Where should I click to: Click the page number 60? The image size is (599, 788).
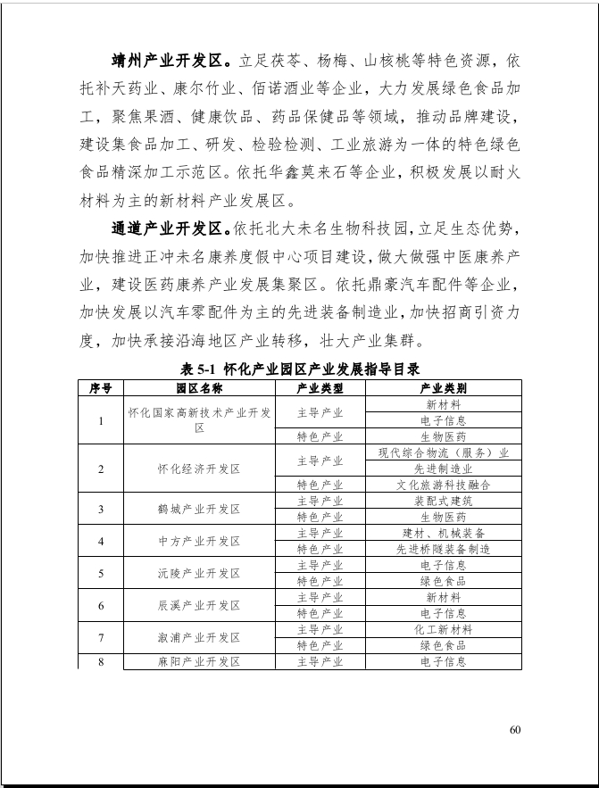click(515, 729)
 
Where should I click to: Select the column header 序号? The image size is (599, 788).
click(101, 388)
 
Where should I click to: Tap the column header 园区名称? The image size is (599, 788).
click(199, 388)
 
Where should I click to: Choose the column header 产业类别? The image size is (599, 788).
click(443, 388)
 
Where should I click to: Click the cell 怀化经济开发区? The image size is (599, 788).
click(199, 469)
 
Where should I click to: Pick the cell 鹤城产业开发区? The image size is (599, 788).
click(199, 509)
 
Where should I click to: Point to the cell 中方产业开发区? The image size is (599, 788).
click(199, 541)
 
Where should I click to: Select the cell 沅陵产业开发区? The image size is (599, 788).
click(199, 573)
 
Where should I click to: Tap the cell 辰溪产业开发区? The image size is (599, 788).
click(199, 605)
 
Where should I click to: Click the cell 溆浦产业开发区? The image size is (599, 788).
click(199, 637)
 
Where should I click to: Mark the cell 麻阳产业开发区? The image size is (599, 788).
click(199, 661)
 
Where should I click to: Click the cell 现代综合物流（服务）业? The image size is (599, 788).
click(443, 452)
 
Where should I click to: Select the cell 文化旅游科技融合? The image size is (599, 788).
click(443, 485)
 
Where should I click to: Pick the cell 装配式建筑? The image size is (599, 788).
click(443, 501)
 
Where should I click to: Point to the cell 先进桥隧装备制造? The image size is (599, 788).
click(443, 549)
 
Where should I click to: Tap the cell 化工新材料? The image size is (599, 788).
click(443, 629)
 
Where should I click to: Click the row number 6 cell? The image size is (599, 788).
click(101, 605)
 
